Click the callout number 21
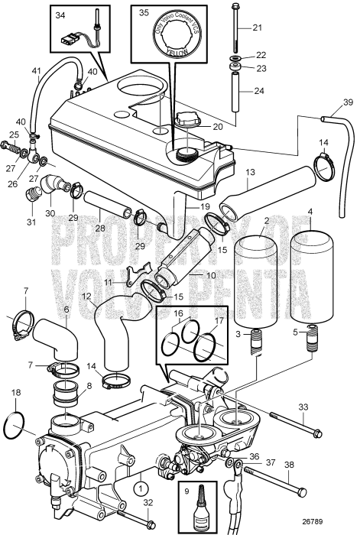point(257,28)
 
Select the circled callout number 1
point(141,485)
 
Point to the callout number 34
point(61,14)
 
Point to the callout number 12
point(86,297)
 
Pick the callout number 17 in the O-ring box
point(219,321)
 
